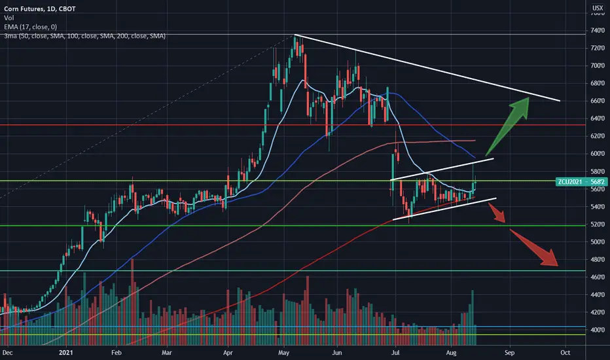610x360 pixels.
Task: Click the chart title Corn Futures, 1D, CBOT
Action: (40, 9)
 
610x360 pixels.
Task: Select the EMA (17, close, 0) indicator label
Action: (30, 27)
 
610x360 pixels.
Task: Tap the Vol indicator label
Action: (9, 18)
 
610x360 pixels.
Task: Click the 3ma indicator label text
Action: (85, 36)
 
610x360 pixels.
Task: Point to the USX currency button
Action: (598, 8)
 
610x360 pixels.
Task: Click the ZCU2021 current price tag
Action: (581, 182)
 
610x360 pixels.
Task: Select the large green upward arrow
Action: (508, 126)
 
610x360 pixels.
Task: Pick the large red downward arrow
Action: (534, 248)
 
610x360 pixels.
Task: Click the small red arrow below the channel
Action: (497, 213)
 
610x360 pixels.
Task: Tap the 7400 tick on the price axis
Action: (597, 30)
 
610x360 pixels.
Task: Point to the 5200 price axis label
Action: (597, 224)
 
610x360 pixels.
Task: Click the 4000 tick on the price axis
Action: (597, 330)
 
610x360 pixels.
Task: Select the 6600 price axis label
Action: (597, 101)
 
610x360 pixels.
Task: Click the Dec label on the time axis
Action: (7, 353)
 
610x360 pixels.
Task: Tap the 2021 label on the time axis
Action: (66, 353)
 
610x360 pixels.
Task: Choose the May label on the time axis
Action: (283, 353)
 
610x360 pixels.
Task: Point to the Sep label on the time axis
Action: (509, 353)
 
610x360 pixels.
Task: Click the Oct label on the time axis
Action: (565, 353)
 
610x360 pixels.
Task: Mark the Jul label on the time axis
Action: (395, 353)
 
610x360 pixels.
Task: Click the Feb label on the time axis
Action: (117, 353)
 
